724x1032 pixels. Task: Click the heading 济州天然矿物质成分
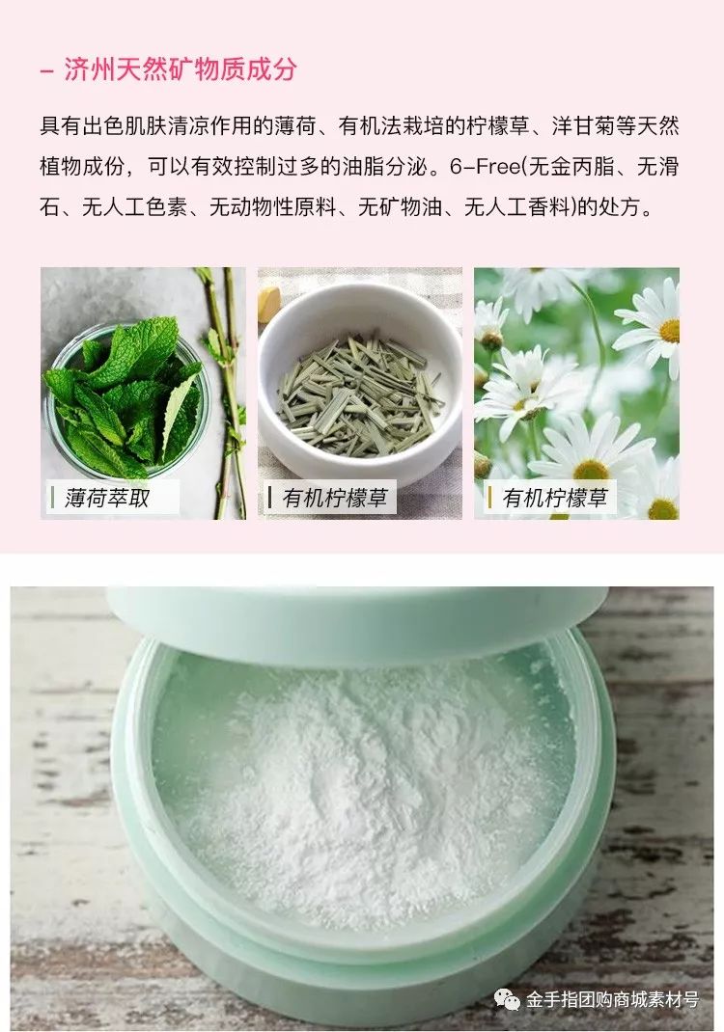[x=181, y=69]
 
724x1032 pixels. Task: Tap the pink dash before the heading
[x=47, y=70]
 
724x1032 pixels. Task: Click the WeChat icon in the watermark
[x=507, y=1000]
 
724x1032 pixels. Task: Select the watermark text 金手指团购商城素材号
[x=612, y=1000]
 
